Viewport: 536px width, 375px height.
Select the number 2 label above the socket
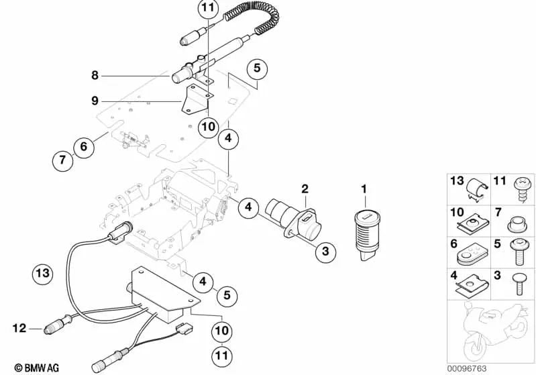[x=304, y=189]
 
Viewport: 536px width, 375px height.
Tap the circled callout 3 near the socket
[x=324, y=252]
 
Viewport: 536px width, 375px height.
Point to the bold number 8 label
[x=95, y=75]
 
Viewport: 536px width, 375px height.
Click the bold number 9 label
[x=95, y=101]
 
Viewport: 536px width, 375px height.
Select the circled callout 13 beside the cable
[x=42, y=273]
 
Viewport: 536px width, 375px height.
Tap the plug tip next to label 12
[x=50, y=329]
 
